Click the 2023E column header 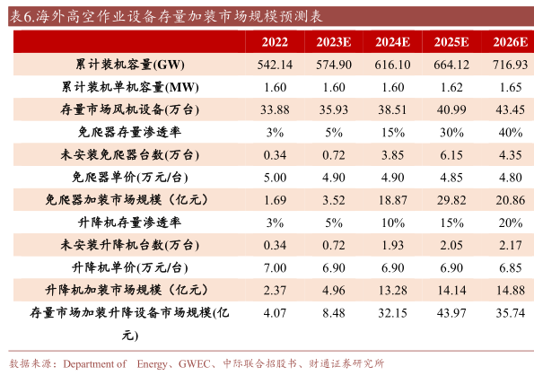(x=333, y=42)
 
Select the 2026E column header (x=510, y=42)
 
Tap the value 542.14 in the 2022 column (x=275, y=65)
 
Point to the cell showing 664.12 (x=451, y=65)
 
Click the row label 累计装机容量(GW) (x=130, y=65)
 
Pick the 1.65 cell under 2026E (x=510, y=87)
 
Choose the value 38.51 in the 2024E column (x=392, y=109)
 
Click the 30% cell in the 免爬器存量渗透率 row (x=451, y=132)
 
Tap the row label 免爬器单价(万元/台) (x=130, y=177)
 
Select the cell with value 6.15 (x=451, y=155)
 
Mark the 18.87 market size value (x=392, y=200)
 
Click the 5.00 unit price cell (x=275, y=178)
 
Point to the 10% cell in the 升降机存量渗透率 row (x=392, y=223)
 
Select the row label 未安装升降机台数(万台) (x=130, y=245)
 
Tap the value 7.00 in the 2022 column (x=275, y=267)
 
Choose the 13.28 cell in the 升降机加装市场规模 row (x=392, y=290)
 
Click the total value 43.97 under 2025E (x=451, y=313)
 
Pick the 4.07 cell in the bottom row (x=275, y=313)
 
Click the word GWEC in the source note (x=194, y=364)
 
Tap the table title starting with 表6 (x=166, y=16)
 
